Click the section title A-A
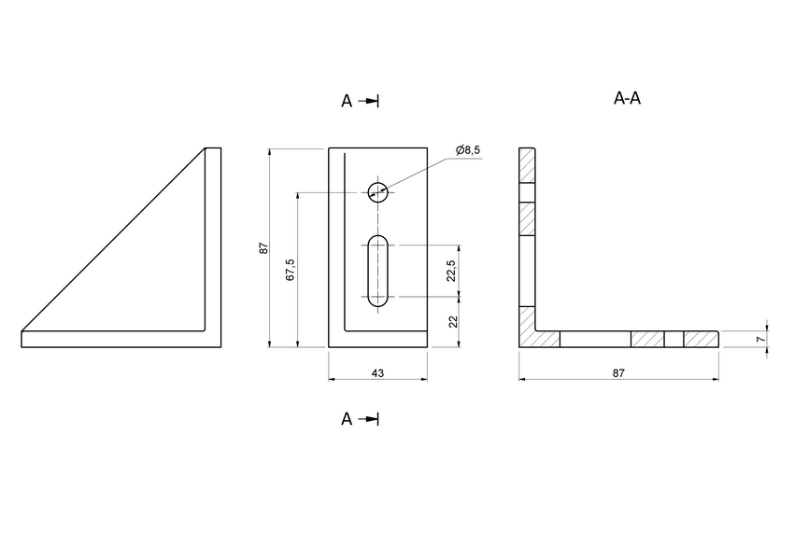click(x=627, y=98)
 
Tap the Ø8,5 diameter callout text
click(x=468, y=150)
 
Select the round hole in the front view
click(x=377, y=192)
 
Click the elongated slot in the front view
click(x=377, y=271)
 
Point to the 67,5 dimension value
click(x=290, y=270)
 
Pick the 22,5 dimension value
click(x=451, y=271)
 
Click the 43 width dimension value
click(x=377, y=372)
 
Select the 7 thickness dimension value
click(x=760, y=340)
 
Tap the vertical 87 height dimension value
click(x=264, y=248)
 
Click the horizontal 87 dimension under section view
click(x=618, y=372)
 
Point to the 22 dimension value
click(x=452, y=321)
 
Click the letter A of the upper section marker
click(x=347, y=102)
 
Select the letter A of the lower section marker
click(x=347, y=419)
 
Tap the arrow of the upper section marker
click(x=371, y=101)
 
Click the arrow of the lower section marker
click(x=371, y=419)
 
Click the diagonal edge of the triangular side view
click(x=112, y=240)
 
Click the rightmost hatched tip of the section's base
click(x=701, y=340)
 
